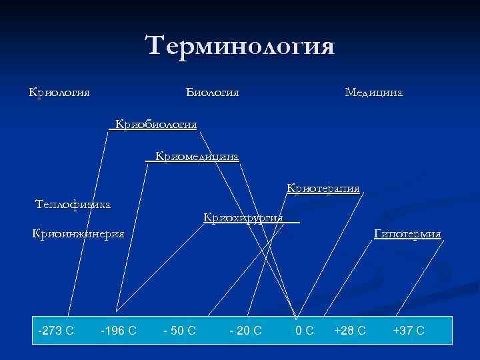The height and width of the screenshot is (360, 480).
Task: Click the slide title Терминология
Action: (x=239, y=47)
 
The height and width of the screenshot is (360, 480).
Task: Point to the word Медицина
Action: (x=373, y=91)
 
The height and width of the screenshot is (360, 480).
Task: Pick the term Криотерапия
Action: (x=323, y=188)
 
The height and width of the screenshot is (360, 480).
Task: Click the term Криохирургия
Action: (x=243, y=217)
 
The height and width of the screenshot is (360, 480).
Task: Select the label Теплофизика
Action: (x=73, y=203)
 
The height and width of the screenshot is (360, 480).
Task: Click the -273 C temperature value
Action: (x=56, y=330)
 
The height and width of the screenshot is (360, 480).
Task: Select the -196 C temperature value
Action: (x=118, y=330)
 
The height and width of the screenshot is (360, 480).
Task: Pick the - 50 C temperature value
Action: (x=179, y=330)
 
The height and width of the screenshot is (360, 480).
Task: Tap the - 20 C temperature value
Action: (x=245, y=330)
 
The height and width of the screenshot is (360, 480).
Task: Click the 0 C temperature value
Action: (x=305, y=330)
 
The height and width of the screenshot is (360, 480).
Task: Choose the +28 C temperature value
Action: (x=350, y=330)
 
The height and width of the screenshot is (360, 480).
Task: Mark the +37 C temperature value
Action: (x=409, y=330)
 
